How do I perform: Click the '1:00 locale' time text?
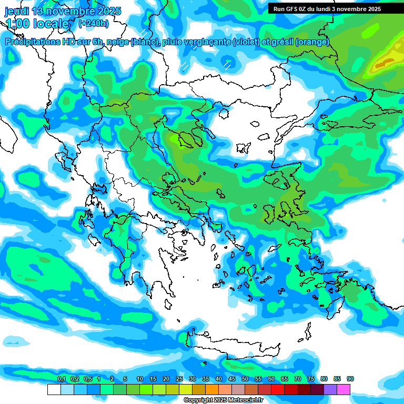[37, 24]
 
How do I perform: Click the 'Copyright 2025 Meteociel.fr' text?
[223, 400]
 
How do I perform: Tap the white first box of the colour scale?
[54, 389]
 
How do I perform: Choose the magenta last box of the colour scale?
[344, 389]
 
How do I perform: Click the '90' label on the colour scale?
[350, 379]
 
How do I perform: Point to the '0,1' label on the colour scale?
[61, 379]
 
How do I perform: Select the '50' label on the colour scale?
[245, 379]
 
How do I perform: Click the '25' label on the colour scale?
[179, 379]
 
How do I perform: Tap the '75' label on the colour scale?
[311, 379]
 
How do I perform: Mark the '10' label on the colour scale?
[140, 379]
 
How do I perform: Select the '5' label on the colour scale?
[125, 379]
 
